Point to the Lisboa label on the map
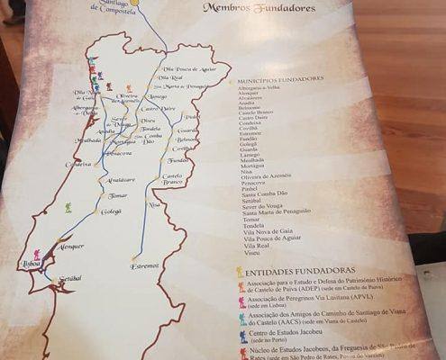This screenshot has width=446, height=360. pyautogui.click(x=32, y=264)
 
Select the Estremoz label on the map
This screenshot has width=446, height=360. pyautogui.click(x=143, y=265)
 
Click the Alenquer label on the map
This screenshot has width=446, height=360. pyautogui.click(x=70, y=245)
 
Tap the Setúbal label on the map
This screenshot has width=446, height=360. pyautogui.click(x=57, y=278)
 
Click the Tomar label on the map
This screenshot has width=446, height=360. pyautogui.click(x=117, y=195)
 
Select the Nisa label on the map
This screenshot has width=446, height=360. pyautogui.click(x=154, y=204)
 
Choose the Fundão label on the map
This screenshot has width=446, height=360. pyautogui.click(x=178, y=160)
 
